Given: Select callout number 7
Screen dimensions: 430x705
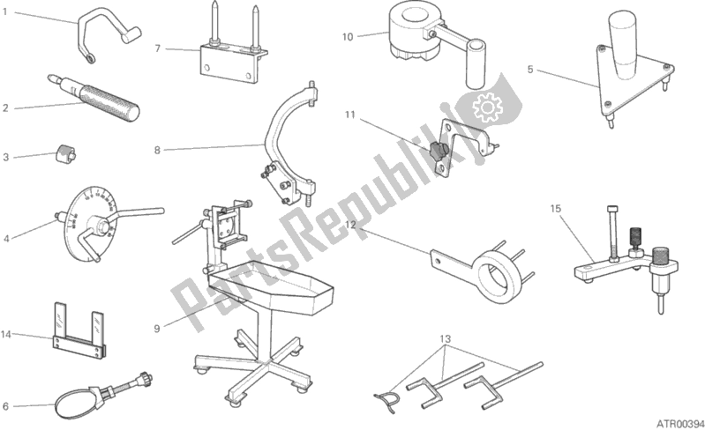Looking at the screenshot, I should point(158,48).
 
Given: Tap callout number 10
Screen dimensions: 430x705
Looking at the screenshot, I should point(348,36).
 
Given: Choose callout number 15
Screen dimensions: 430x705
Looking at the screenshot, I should point(555,209).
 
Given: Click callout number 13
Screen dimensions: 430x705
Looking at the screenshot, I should point(446,339).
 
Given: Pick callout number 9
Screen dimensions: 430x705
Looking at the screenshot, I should point(156,328).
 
